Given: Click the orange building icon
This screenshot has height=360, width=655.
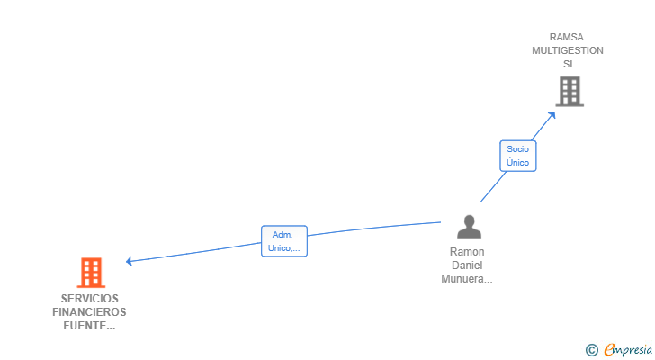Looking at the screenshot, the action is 91,273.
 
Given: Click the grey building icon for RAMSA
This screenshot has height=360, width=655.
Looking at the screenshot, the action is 570,92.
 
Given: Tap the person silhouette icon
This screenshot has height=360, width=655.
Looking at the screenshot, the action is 469,227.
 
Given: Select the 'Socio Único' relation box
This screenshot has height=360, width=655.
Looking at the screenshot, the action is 518,156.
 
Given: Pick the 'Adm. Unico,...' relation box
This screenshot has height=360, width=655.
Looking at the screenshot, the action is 284,241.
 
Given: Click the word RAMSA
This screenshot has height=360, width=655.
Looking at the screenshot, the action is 567,37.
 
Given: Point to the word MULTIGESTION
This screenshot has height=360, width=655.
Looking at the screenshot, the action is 567,50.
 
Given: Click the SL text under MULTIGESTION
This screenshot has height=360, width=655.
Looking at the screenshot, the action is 569,64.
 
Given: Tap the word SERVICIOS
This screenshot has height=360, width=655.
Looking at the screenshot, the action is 90,299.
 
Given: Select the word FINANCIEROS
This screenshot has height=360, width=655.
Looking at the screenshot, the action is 89,312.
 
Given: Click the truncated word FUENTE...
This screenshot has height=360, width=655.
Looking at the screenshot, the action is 89,325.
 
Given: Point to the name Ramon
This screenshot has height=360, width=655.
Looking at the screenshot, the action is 467,252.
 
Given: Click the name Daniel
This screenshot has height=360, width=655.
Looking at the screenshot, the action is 467,265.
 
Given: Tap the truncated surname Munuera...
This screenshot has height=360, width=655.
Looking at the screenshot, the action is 467,279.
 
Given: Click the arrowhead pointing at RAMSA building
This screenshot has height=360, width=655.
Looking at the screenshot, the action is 552,115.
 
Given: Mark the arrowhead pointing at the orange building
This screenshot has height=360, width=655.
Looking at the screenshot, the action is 130,261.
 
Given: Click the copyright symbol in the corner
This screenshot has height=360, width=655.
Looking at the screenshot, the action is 591,350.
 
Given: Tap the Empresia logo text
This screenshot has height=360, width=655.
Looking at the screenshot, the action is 628,349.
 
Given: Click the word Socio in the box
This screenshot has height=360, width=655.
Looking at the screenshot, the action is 517,149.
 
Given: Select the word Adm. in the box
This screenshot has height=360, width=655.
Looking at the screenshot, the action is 283,235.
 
